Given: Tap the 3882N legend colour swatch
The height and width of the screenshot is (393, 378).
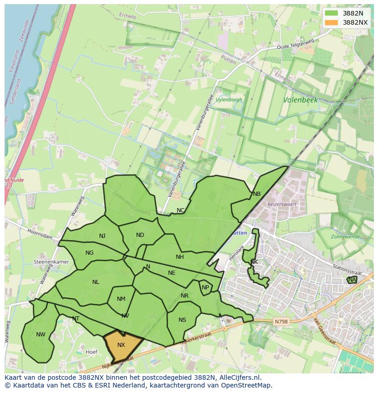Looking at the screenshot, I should (332, 13).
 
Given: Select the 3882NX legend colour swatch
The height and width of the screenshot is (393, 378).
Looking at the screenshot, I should (332, 22).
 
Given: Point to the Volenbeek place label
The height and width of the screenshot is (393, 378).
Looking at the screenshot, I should (300, 100).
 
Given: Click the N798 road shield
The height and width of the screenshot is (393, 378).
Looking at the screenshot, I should (281, 322).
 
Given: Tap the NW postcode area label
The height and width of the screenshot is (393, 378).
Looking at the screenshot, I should (41, 335).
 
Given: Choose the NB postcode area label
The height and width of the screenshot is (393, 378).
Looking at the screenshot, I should (257, 194).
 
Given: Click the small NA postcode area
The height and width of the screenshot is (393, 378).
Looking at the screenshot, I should (352, 280).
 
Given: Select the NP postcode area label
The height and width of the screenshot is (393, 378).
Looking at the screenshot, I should (205, 288).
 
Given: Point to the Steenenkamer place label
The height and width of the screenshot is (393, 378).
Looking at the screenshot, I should (51, 262).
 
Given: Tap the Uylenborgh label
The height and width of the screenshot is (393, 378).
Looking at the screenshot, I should (229, 100).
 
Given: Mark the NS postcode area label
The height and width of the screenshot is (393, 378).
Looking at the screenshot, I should (182, 320).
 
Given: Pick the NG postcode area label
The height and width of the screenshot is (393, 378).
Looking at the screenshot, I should (89, 253).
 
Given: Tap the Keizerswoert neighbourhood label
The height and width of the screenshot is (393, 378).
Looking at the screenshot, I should (282, 204).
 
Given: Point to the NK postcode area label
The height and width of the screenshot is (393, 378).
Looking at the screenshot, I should (254, 262).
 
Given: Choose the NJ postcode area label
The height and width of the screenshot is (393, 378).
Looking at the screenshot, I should (102, 236).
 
